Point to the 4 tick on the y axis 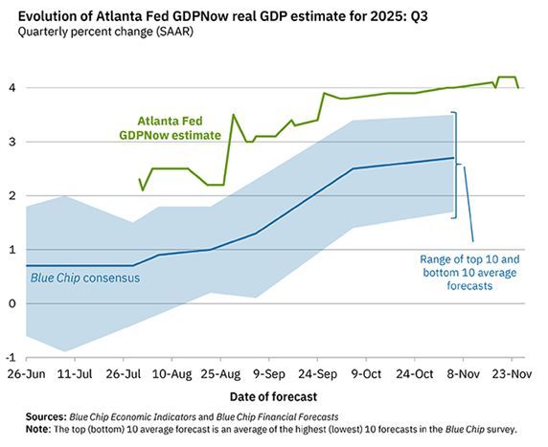[10, 88]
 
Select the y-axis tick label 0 [10, 303]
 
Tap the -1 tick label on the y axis [9, 357]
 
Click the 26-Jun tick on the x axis [23, 371]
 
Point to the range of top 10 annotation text [469, 272]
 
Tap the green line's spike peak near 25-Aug [234, 115]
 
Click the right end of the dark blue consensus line [453, 158]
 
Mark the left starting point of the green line [140, 179]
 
